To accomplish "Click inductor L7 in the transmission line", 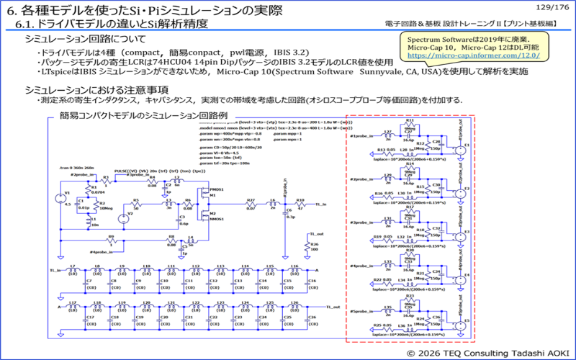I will [x=73, y=270].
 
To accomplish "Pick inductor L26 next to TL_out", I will [x=292, y=305].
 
